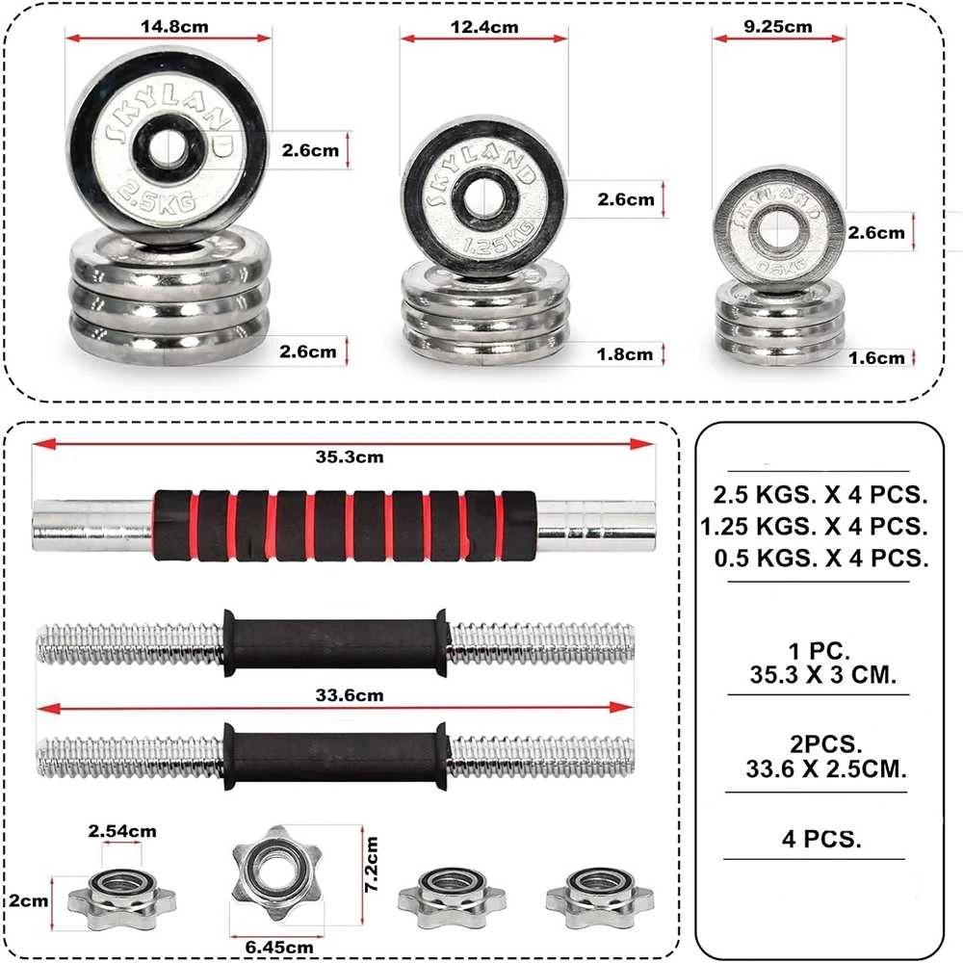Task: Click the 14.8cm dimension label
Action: coord(174,27)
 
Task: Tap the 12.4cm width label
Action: coord(484,27)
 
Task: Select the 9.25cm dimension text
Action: coord(777,26)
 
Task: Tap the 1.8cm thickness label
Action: coord(625,354)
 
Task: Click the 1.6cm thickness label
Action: coord(877,358)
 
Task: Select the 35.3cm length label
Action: coord(350,456)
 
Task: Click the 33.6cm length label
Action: coord(350,695)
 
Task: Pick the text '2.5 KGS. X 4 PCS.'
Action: coord(820,494)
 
